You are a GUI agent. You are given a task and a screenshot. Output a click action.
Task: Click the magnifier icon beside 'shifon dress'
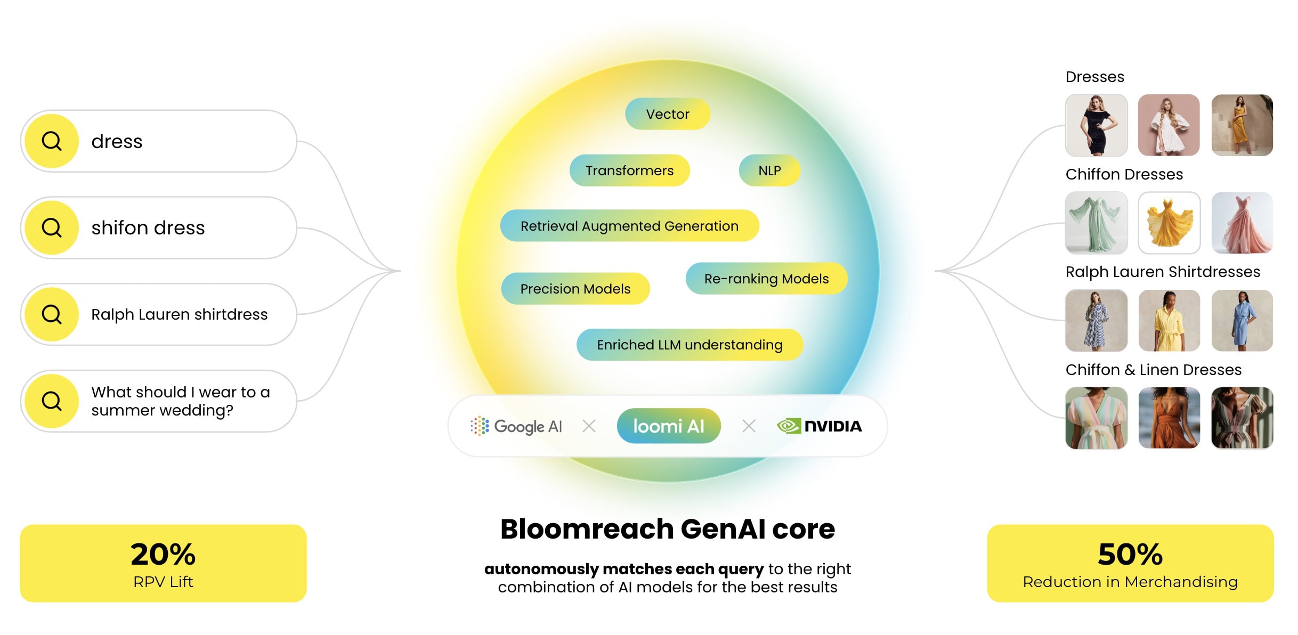click(x=52, y=228)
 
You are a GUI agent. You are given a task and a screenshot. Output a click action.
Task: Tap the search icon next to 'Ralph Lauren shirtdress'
click(x=52, y=314)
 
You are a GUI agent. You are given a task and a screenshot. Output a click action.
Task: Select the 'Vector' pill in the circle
click(x=667, y=114)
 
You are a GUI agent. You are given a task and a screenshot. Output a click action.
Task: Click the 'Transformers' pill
click(x=629, y=170)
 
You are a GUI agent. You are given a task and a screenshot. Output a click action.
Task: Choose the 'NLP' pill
click(x=769, y=170)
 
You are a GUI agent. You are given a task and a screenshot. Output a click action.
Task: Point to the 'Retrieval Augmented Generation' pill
click(x=629, y=226)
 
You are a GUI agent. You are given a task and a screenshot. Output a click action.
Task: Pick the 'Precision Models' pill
click(x=575, y=289)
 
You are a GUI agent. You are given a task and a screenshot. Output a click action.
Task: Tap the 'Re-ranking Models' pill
click(x=766, y=279)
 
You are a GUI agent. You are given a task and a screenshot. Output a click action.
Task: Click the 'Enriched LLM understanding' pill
click(x=689, y=345)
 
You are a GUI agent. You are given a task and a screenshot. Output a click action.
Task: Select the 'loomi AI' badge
click(x=668, y=426)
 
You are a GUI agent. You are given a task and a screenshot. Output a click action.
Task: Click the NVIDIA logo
click(x=820, y=426)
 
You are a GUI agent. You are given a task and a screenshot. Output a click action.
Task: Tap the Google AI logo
click(x=516, y=426)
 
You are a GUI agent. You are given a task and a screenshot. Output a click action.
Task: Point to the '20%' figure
click(x=163, y=554)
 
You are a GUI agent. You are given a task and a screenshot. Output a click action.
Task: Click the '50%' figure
click(x=1130, y=554)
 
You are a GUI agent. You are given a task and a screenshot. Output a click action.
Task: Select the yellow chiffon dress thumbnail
click(x=1169, y=223)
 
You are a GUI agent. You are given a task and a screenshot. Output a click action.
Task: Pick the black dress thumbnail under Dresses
click(x=1096, y=126)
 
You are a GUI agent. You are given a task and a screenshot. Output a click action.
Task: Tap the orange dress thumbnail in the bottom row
click(x=1169, y=418)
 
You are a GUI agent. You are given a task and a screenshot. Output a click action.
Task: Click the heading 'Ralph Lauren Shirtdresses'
click(x=1163, y=272)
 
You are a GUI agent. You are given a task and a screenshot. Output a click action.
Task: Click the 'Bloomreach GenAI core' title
click(x=667, y=529)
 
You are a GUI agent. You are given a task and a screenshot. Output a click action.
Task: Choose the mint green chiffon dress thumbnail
click(x=1096, y=223)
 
